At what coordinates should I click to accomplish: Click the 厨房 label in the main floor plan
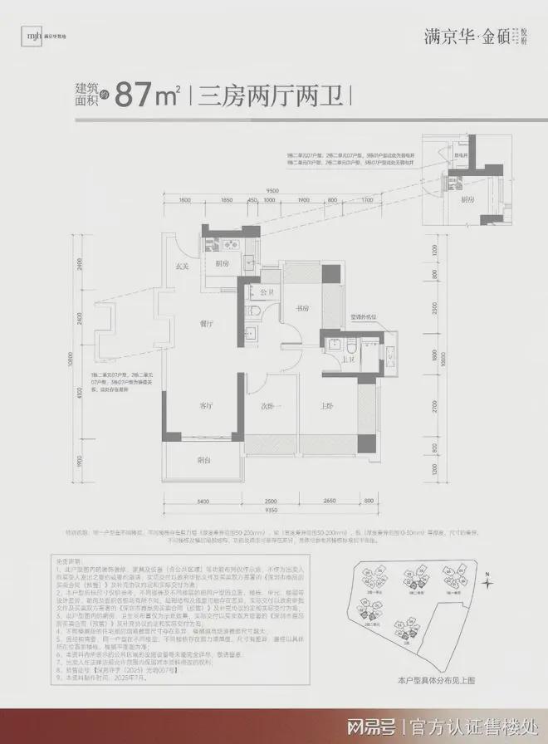pyautogui.click(x=223, y=264)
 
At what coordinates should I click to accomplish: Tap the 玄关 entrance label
pyautogui.click(x=183, y=266)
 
